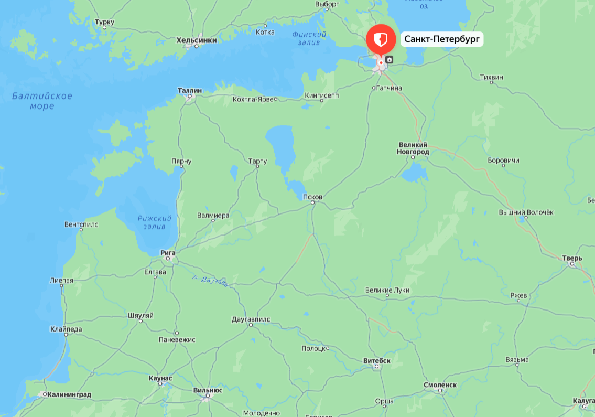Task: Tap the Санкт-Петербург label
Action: click(x=442, y=39)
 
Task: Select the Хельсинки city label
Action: click(x=197, y=40)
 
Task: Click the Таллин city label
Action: click(x=190, y=91)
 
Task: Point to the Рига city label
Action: click(x=168, y=252)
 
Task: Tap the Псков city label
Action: click(x=312, y=197)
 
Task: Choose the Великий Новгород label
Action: click(x=414, y=148)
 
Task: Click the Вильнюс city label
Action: click(x=208, y=390)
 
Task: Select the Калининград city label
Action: click(x=69, y=394)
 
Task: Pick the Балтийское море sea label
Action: click(x=42, y=101)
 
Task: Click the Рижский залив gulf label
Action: click(x=154, y=222)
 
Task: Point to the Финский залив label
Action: click(x=309, y=38)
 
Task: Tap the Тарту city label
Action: click(x=257, y=161)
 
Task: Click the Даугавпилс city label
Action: click(x=251, y=319)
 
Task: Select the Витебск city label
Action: click(x=377, y=361)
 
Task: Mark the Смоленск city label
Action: click(x=440, y=385)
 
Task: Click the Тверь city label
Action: click(x=572, y=258)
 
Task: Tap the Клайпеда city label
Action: click(x=66, y=329)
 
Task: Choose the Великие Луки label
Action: click(x=387, y=290)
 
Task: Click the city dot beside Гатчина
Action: click(x=374, y=88)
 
